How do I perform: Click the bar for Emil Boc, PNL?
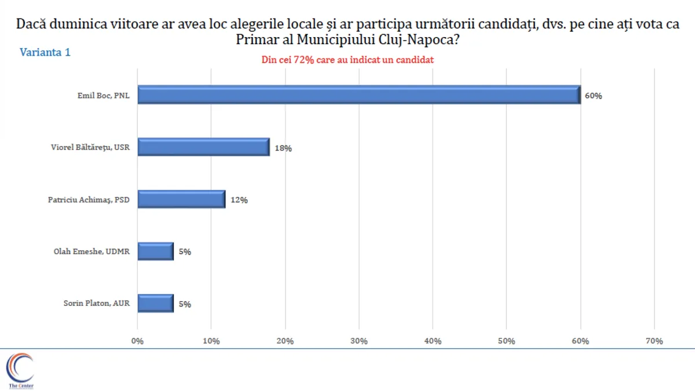click(359, 95)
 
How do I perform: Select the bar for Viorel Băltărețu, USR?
click(204, 147)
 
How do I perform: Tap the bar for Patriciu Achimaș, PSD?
click(182, 199)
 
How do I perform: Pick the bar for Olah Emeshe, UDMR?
click(156, 251)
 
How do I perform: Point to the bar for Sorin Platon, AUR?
click(156, 304)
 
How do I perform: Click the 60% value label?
click(593, 96)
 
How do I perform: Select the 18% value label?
click(283, 148)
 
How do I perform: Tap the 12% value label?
click(239, 200)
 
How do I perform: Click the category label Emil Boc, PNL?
click(104, 96)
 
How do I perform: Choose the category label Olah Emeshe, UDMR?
click(91, 251)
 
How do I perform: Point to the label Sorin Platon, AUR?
click(96, 304)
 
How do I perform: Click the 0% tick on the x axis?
click(138, 341)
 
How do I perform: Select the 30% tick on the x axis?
click(359, 341)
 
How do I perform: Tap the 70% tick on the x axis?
click(654, 341)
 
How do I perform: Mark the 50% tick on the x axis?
click(507, 341)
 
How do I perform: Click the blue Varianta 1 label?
click(45, 52)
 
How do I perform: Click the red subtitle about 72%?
click(348, 60)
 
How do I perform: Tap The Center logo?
click(20, 371)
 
